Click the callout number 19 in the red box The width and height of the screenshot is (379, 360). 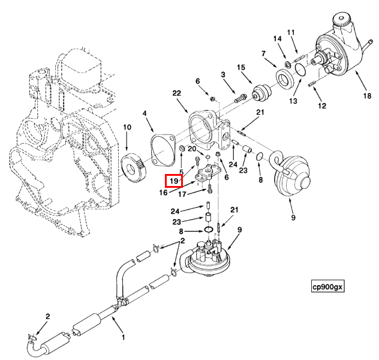(174, 181)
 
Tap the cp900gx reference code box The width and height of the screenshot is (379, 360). (327, 287)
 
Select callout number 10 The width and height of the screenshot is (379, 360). (127, 127)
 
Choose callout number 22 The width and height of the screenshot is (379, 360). (176, 93)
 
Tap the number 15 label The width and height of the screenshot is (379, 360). (242, 67)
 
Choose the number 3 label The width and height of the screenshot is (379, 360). (223, 74)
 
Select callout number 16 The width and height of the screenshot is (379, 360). (163, 193)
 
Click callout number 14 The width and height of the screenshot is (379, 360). (277, 40)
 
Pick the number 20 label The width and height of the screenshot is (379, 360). (192, 149)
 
